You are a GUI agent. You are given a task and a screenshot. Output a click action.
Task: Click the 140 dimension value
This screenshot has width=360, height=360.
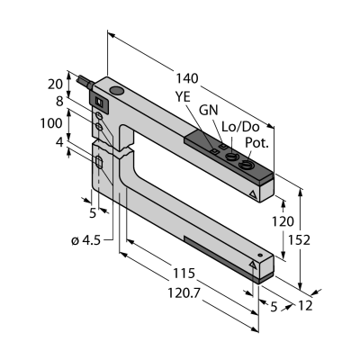click(x=187, y=78)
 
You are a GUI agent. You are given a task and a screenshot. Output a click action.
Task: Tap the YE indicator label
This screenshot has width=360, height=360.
click(x=183, y=97)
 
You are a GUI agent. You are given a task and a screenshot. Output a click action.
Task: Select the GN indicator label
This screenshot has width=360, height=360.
click(x=209, y=111)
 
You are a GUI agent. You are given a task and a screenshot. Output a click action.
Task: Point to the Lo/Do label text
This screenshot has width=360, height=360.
click(x=240, y=127)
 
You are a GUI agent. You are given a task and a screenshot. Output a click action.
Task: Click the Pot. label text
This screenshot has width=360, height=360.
click(x=256, y=143)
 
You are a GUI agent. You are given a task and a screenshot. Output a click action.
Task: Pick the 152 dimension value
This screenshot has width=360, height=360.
click(x=299, y=239)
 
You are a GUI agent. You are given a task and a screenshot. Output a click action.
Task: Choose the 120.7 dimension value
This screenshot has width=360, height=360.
click(x=184, y=292)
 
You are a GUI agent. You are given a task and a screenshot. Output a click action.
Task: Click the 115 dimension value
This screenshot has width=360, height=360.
click(x=184, y=274)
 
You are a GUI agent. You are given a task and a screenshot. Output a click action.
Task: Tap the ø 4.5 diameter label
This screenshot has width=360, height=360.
click(x=85, y=240)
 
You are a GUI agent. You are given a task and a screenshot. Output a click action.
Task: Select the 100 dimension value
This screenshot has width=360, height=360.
click(x=51, y=123)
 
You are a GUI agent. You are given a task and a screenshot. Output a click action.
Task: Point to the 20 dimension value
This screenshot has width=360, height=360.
click(x=56, y=85)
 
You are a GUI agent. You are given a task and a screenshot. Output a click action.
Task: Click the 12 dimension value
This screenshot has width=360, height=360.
click(x=305, y=305)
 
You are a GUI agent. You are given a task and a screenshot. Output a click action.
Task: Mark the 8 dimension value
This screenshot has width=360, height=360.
click(x=59, y=102)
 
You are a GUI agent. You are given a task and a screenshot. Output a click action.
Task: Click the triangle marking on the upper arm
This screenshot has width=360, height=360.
click(x=253, y=194)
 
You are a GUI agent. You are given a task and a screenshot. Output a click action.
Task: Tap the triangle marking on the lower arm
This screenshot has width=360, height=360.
click(x=253, y=265)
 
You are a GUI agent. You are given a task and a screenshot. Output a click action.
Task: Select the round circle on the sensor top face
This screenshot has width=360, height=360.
click(x=116, y=90)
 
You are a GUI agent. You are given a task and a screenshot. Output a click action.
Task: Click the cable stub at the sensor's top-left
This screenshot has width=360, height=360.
click(x=85, y=82)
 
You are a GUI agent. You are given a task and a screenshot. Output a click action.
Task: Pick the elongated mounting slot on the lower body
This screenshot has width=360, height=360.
click(x=99, y=163)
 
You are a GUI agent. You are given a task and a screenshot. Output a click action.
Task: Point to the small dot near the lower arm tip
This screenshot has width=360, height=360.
click(x=260, y=256)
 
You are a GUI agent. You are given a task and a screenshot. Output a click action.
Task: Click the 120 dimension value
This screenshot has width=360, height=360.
click(x=283, y=221)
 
